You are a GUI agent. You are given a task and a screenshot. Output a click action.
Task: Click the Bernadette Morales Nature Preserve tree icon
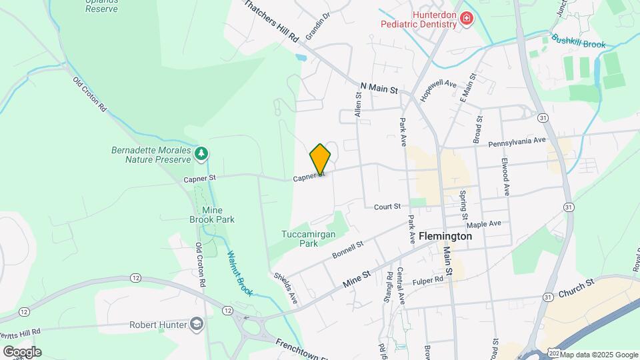coord(201,155)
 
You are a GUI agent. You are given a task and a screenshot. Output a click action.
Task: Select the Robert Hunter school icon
coord(197,325)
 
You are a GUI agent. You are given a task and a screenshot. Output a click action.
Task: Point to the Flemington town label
coord(441,236)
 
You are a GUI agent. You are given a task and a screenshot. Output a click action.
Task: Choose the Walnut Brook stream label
coord(241,272)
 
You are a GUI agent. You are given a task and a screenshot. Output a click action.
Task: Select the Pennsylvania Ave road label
coord(517,142)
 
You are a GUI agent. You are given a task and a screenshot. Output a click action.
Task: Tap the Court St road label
coord(387,207)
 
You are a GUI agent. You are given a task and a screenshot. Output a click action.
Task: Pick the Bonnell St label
coord(348,251)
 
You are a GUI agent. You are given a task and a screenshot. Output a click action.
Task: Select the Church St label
coord(576,288)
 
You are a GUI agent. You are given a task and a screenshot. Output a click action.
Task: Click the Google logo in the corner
coord(22,352)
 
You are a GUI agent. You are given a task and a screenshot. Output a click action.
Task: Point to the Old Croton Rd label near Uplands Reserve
coord(89,93)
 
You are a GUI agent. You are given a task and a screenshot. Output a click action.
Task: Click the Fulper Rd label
coord(427,281)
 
